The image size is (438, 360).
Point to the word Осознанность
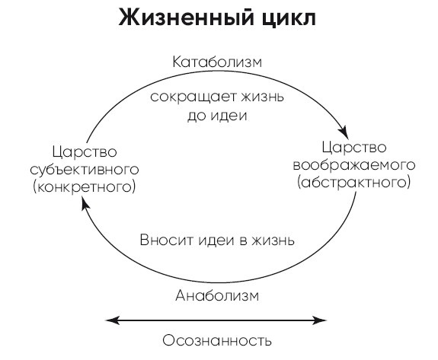tap(218, 340)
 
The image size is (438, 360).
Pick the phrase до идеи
tap(218, 116)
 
